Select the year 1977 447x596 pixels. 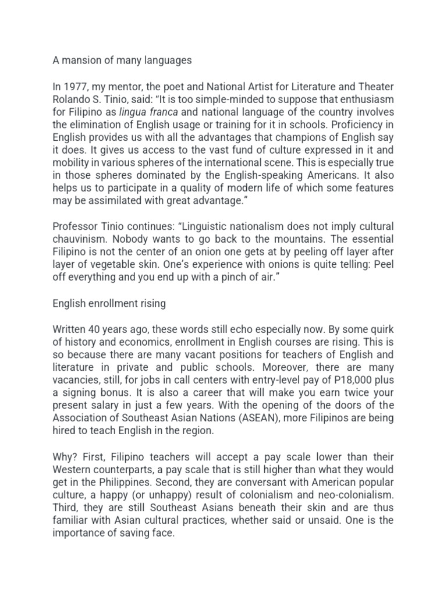[x=74, y=87]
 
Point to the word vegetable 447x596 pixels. [x=102, y=265]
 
